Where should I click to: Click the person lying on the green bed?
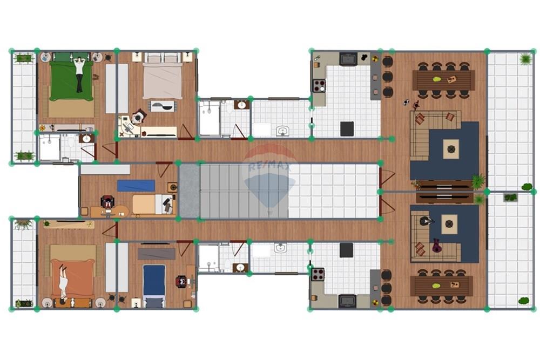[80, 74]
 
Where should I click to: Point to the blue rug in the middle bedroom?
[136, 186]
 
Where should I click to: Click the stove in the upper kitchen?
[319, 85]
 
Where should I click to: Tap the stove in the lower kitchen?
[318, 274]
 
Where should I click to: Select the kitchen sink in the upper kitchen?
[348, 58]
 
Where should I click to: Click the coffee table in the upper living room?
[451, 148]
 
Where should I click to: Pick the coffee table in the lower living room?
[449, 224]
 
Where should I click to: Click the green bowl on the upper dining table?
[436, 79]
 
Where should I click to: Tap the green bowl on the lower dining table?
[436, 285]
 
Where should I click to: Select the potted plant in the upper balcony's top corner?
[524, 58]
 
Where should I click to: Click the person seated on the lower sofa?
[427, 221]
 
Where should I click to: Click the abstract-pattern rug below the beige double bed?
[161, 106]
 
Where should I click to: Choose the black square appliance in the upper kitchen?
[347, 129]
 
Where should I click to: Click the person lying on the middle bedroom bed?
[168, 203]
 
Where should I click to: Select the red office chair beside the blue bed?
[181, 281]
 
